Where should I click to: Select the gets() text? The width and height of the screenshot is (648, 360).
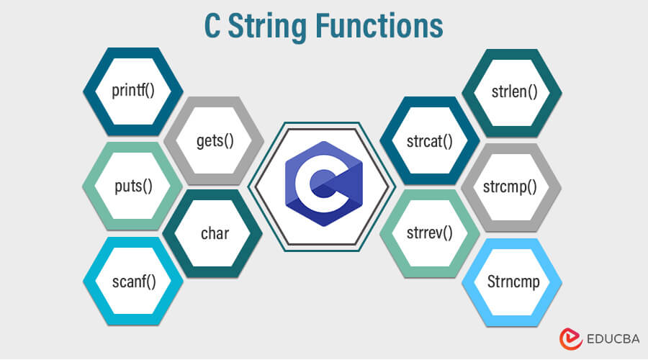click(x=215, y=140)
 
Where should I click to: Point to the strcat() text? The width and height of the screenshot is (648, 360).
click(x=429, y=140)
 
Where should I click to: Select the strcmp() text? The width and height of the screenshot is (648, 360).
click(x=511, y=186)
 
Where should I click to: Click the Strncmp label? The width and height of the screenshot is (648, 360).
click(x=511, y=281)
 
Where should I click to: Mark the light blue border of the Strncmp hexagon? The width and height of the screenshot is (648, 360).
click(x=469, y=281)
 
